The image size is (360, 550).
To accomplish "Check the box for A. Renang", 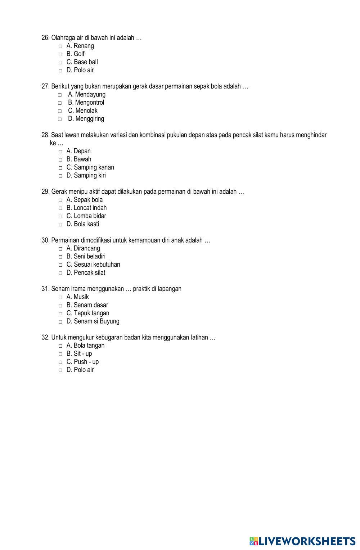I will coord(60,46).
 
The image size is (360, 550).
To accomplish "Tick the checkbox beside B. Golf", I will coord(60,54).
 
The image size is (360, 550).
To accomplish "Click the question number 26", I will coord(45,38).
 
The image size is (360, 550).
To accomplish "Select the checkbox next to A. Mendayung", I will coord(59,95).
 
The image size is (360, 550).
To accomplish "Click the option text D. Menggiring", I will coord(86,119).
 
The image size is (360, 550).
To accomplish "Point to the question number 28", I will coord(45,135).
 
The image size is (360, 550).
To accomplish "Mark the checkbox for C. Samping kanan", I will coord(60,168).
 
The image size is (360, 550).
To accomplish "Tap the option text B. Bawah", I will coord(79,159).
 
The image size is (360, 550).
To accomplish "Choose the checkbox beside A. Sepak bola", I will coord(60,200).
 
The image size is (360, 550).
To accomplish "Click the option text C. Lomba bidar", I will coord(86,216).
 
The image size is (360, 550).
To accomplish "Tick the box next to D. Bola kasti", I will coord(60,225).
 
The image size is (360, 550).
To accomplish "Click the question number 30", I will coord(45,240).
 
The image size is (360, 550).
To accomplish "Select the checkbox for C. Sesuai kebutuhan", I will coord(60,265).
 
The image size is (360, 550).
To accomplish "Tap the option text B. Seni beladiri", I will coord(86,256).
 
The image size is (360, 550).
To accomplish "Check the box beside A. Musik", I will coord(60,298).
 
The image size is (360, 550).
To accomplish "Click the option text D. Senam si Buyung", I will coord(93,321).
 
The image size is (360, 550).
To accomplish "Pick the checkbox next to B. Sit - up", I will coord(60,354).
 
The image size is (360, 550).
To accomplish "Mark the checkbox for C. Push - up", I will coord(60,362).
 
